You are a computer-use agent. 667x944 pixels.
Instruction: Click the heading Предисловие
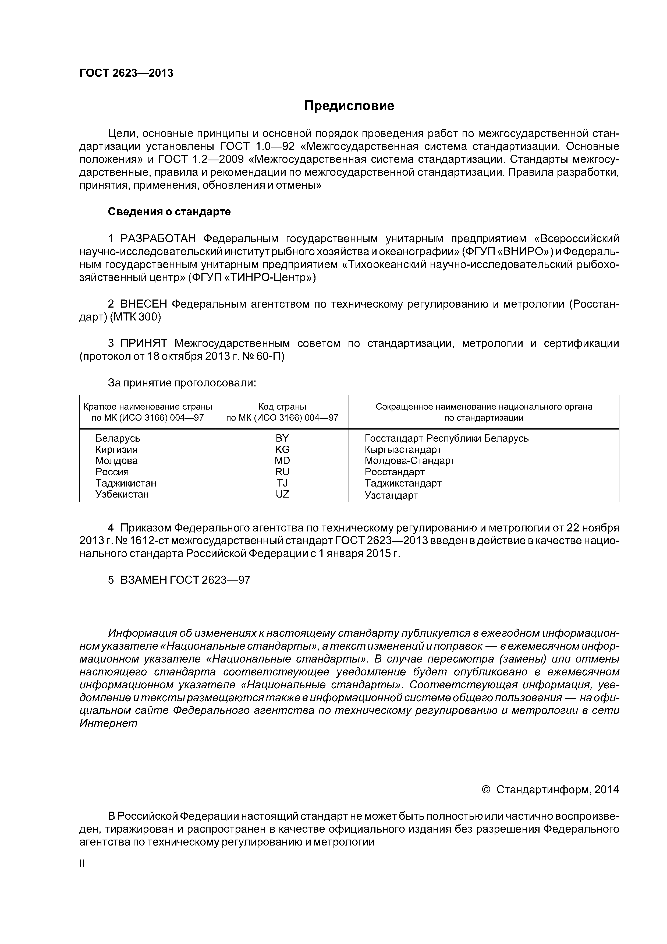click(x=349, y=106)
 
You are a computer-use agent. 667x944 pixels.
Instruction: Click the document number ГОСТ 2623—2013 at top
click(x=126, y=73)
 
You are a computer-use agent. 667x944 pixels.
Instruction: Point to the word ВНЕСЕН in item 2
click(x=144, y=304)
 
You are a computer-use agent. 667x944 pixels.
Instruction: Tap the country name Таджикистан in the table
click(x=126, y=483)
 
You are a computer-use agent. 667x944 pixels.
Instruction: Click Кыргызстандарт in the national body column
click(x=403, y=449)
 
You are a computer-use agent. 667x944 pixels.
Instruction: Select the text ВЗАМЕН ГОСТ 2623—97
click(x=185, y=580)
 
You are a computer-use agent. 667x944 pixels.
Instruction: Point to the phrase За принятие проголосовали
click(x=182, y=383)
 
